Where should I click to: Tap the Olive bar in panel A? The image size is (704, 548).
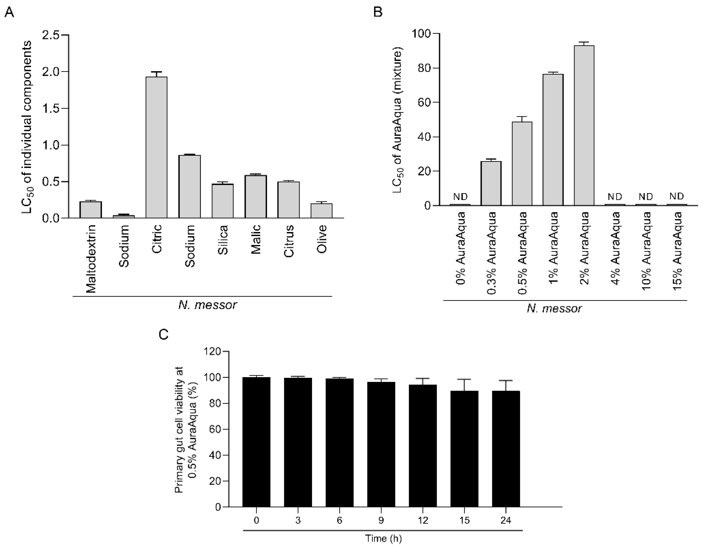(321, 211)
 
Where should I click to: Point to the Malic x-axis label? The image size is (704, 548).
(256, 239)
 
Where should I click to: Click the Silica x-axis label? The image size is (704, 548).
(223, 240)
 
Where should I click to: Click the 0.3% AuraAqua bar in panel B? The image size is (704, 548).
(491, 184)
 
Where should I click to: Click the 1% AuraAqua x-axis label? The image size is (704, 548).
(553, 248)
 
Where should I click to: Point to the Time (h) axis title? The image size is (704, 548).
(383, 538)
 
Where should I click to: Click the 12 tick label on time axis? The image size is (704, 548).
(423, 520)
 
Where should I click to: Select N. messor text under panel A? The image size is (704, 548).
(208, 305)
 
